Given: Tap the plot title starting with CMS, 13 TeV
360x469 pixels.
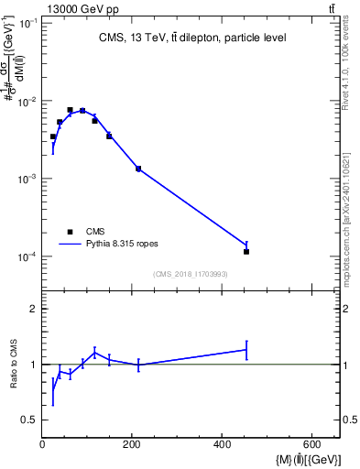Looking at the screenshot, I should (x=193, y=38).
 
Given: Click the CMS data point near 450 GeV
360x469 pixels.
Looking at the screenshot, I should (x=246, y=251).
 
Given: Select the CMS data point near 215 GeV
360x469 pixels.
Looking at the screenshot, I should (x=138, y=169).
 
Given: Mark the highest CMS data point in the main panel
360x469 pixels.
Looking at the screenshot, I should (x=70, y=110).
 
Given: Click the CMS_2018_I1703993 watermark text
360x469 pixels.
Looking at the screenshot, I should (x=191, y=274).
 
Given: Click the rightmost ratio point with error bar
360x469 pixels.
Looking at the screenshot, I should (x=246, y=349).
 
